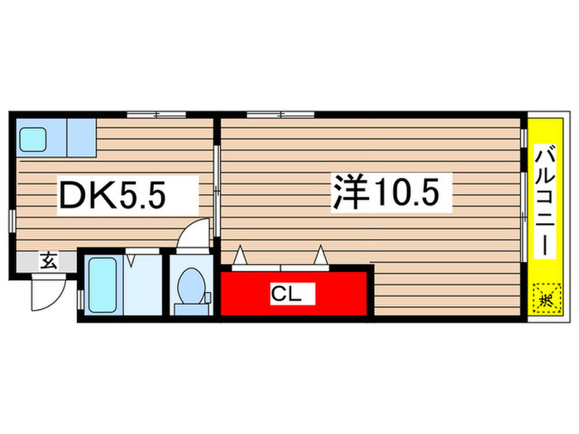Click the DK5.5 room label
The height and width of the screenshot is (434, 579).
point(112,196)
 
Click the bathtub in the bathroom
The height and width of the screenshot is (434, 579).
point(103,284)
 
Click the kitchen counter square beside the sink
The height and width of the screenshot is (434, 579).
point(82,136)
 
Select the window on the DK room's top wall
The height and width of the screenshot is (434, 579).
point(156,112)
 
